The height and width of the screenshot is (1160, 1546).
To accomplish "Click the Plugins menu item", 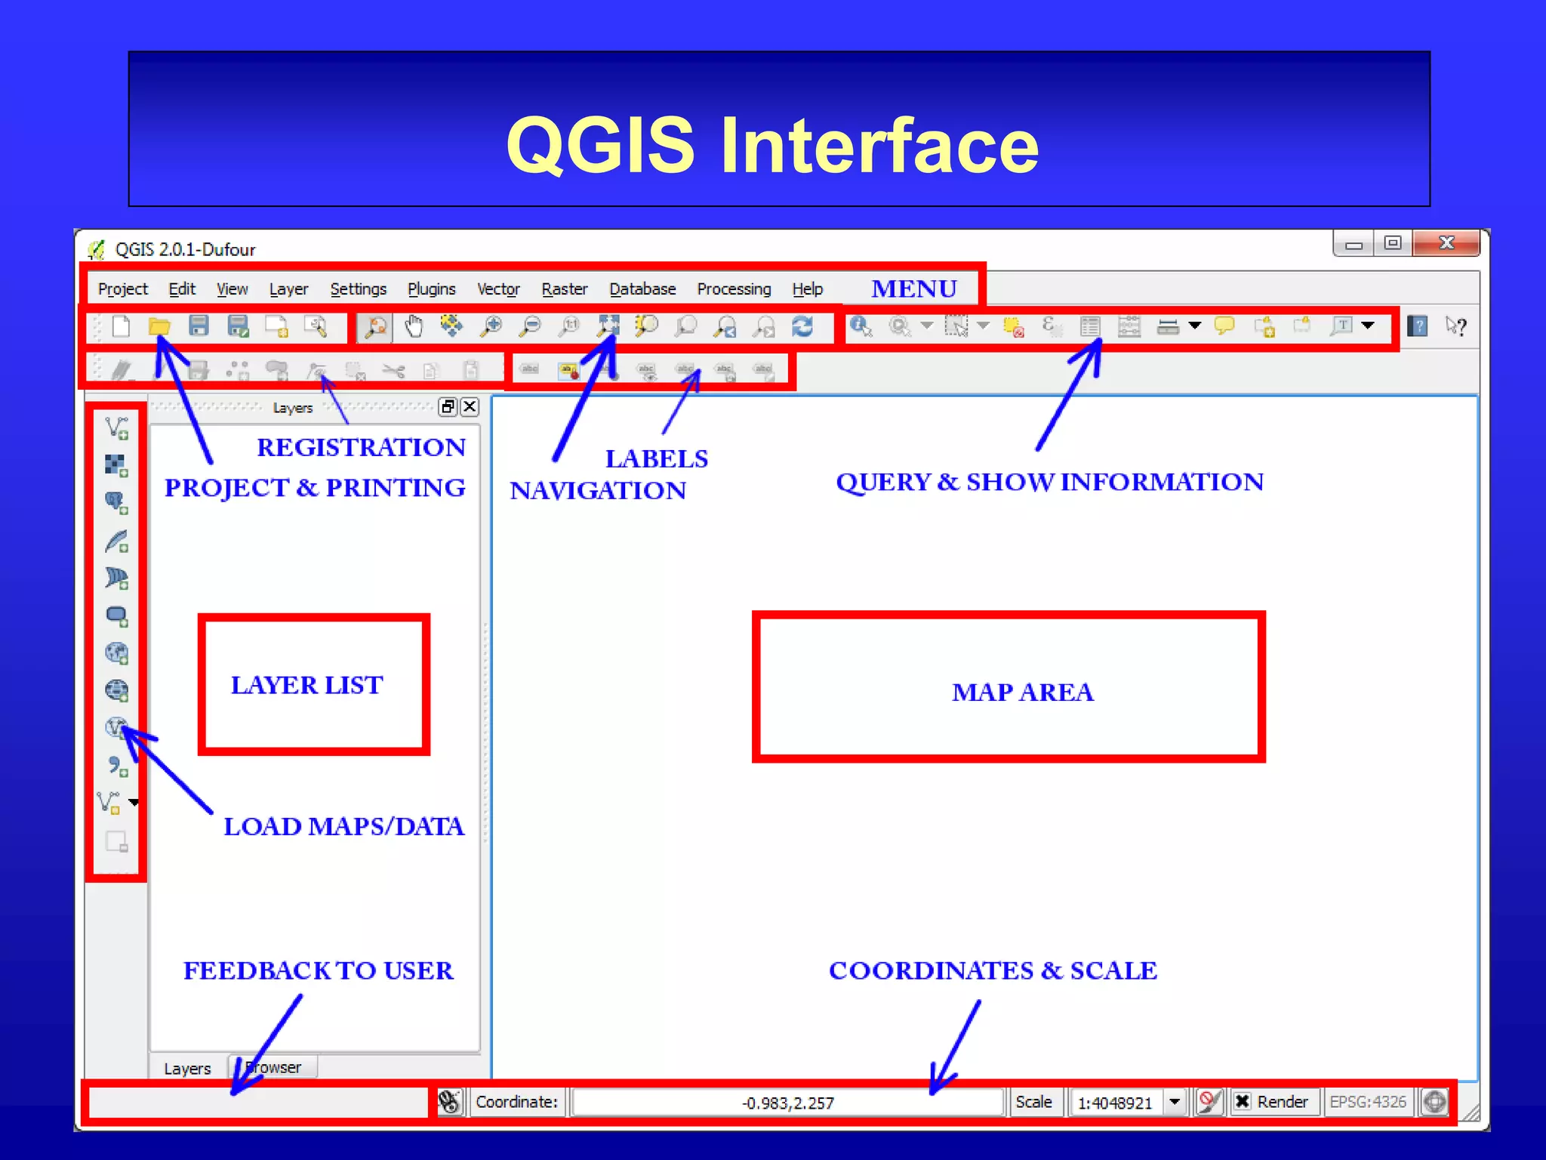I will (x=431, y=289).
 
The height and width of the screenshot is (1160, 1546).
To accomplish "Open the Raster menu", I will (x=564, y=289).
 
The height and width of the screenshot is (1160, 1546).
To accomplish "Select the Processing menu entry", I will (x=734, y=289).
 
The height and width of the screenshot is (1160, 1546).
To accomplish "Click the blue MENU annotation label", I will (x=913, y=289).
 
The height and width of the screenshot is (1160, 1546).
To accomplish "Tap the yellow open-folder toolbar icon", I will (x=159, y=326).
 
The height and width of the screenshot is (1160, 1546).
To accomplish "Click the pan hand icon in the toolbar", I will (x=414, y=326).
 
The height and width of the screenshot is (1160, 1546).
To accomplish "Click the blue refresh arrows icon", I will (x=802, y=326).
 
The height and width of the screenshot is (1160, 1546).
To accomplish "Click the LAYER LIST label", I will (x=306, y=685).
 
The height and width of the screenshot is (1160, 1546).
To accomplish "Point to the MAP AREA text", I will (x=1022, y=692).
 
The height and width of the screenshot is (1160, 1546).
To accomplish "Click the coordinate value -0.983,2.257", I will (x=787, y=1103).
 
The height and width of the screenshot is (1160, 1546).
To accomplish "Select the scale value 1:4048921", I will (x=1115, y=1103).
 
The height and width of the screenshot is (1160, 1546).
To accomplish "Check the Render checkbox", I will (x=1243, y=1102).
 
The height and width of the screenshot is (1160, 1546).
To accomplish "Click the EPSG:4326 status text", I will (x=1367, y=1102).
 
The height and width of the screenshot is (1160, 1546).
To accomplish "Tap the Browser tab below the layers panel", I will (x=274, y=1067).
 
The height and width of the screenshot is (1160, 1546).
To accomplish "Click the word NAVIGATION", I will (x=598, y=491).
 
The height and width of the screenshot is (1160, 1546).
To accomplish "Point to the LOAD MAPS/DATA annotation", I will (x=343, y=826).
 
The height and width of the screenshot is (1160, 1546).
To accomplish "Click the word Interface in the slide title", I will (x=879, y=145).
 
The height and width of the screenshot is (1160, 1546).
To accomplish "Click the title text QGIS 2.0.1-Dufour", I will (x=185, y=250).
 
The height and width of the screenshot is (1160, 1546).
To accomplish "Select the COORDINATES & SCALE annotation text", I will (x=993, y=970).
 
